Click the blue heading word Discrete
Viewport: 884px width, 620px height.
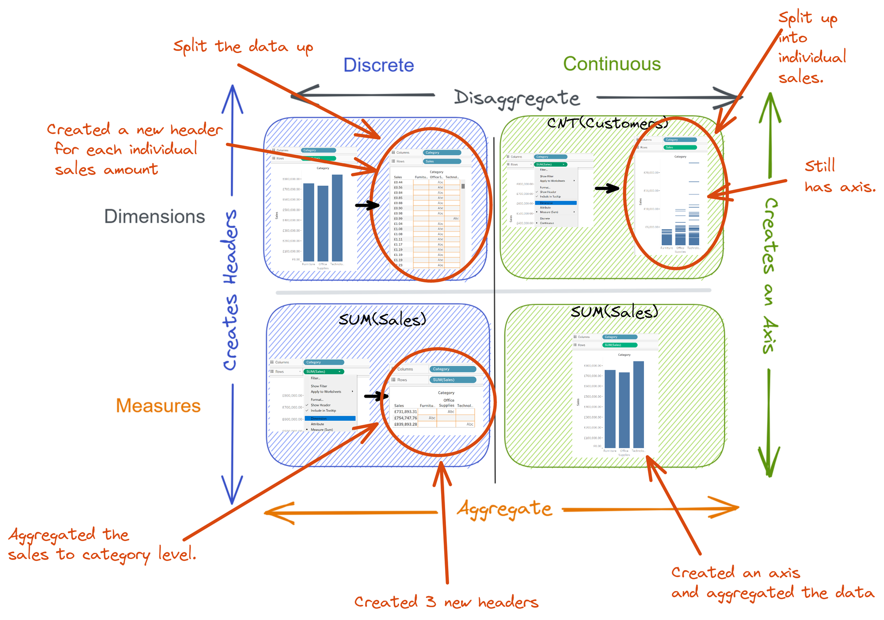[378, 65]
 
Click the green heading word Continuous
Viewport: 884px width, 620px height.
[612, 64]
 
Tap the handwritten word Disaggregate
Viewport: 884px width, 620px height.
[516, 98]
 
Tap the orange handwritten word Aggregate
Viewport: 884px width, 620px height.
[504, 509]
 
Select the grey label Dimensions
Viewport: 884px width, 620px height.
[154, 217]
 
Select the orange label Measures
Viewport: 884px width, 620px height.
[158, 406]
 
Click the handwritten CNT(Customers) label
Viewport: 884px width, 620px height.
[607, 123]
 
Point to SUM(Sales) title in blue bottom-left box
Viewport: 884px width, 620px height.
[382, 319]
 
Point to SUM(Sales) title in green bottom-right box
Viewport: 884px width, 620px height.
[614, 312]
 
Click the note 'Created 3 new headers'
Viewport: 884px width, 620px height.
[446, 602]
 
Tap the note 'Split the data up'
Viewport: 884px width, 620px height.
[243, 47]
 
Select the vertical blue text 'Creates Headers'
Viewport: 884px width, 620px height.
[230, 289]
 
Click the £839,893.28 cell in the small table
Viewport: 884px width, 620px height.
[405, 424]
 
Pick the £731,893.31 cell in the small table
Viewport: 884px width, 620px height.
[405, 411]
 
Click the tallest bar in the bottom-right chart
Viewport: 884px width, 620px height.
[638, 404]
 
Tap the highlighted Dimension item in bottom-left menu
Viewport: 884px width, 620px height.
[330, 418]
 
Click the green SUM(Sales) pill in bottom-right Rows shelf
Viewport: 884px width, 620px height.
[619, 345]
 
